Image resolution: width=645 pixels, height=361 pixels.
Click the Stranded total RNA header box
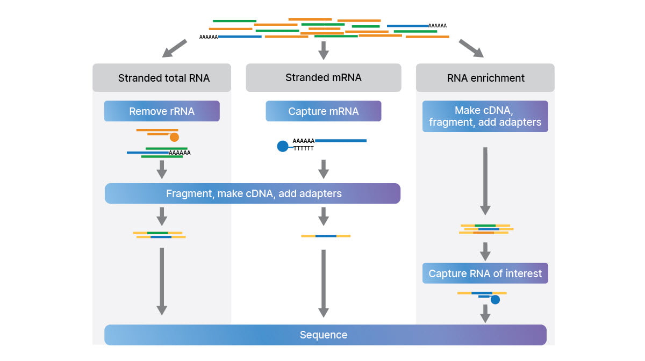(x=162, y=78)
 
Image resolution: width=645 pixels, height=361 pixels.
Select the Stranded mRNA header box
(x=323, y=77)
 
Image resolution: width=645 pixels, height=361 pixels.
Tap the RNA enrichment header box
(x=485, y=78)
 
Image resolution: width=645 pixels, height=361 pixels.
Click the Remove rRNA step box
(x=162, y=112)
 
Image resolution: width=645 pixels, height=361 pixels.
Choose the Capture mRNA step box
(x=323, y=112)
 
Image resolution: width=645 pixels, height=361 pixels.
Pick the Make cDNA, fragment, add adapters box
(x=485, y=116)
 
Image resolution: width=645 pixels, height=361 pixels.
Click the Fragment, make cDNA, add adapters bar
(x=253, y=193)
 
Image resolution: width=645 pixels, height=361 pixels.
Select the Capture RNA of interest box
(x=485, y=273)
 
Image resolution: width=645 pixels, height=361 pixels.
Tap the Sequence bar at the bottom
(x=325, y=335)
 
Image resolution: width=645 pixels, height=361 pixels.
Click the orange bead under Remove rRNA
(x=174, y=137)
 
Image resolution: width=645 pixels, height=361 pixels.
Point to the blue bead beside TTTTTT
(x=282, y=146)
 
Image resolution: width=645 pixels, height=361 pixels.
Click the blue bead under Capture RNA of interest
(x=495, y=300)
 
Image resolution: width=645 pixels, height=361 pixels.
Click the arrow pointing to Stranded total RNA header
(x=174, y=48)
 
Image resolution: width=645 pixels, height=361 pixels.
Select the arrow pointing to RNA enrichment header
(x=471, y=48)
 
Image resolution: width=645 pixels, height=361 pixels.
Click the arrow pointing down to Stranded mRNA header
(x=323, y=50)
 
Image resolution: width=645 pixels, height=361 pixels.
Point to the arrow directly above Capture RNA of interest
(x=485, y=251)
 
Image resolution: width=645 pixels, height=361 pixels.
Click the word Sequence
(x=324, y=335)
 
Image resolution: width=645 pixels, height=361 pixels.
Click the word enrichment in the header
(x=496, y=78)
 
